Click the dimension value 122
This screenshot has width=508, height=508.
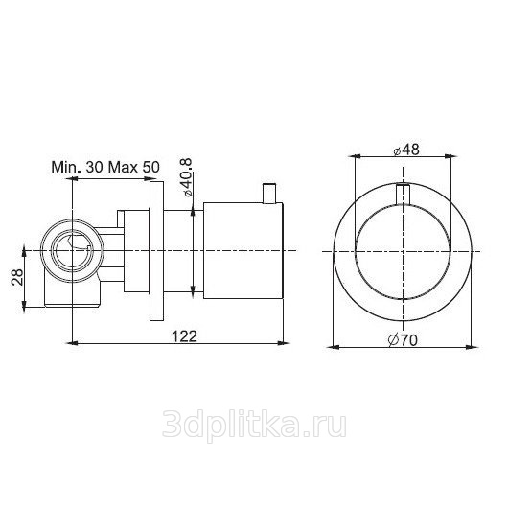pos(184,336)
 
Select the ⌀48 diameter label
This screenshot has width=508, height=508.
pos(406,150)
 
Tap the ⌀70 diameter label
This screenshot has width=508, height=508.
pos(403,340)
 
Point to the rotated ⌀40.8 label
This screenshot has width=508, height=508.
pos(187,177)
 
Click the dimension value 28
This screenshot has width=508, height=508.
pos(17,276)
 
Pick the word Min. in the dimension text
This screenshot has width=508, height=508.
pos(66,167)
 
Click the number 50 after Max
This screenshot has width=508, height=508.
pos(151,167)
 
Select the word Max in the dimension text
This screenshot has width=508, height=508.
pos(123,167)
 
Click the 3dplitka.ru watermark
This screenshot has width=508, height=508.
pos(254,425)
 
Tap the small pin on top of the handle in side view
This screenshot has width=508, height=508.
pos(269,194)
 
